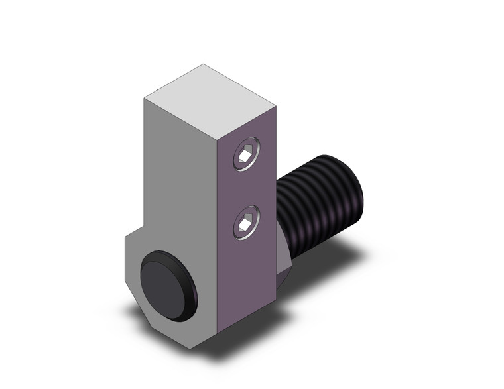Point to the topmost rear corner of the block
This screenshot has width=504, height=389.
[x=204, y=64]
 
